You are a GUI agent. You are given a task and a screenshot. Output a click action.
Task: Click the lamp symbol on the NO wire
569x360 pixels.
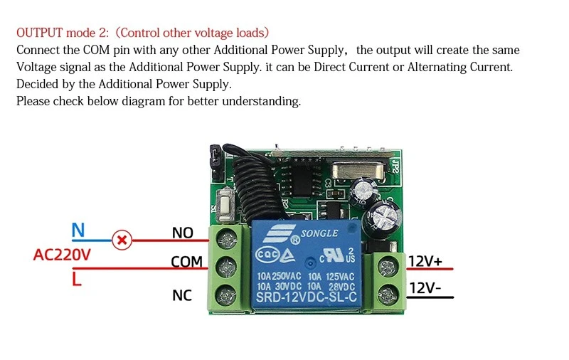point(123,240)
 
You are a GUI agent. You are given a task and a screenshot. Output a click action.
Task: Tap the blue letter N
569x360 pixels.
point(78,231)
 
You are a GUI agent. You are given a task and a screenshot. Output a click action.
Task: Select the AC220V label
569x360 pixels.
point(62,255)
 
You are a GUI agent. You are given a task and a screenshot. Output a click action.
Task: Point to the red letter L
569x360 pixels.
point(77,279)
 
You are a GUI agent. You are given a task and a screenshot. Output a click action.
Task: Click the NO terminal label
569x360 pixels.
point(183,233)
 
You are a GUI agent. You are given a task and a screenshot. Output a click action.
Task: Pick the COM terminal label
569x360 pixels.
point(187,262)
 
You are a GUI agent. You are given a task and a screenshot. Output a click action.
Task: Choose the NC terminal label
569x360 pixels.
point(182,295)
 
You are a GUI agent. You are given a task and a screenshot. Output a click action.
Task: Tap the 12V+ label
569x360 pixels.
point(425,262)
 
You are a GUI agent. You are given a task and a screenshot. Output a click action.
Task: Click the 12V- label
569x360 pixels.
point(425,288)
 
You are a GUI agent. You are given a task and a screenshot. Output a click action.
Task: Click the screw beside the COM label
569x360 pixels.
point(228,266)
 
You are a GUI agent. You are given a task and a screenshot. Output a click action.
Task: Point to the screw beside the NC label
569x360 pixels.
point(228,293)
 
